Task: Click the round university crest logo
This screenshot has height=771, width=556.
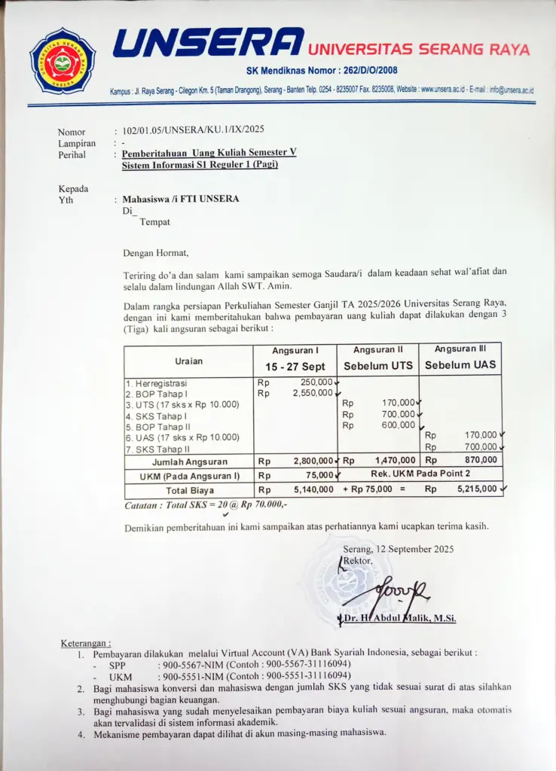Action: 63,60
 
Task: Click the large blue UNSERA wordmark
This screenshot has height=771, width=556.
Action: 209,43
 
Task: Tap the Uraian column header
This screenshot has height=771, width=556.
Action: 188,361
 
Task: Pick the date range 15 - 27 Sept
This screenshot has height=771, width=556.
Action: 295,366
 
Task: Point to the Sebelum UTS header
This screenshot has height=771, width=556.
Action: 378,366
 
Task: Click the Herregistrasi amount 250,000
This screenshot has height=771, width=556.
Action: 316,382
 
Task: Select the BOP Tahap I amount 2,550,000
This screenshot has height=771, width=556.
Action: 312,393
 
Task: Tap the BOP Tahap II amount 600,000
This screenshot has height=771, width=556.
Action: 399,425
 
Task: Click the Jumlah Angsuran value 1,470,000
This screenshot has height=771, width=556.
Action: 394,460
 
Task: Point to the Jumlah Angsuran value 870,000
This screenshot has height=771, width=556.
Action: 481,460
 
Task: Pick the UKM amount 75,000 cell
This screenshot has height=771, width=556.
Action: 319,475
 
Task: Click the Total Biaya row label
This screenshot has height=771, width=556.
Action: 190,490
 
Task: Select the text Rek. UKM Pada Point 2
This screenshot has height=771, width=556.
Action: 420,474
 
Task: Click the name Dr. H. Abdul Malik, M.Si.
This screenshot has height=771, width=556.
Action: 399,618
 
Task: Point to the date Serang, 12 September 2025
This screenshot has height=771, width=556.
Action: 398,549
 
